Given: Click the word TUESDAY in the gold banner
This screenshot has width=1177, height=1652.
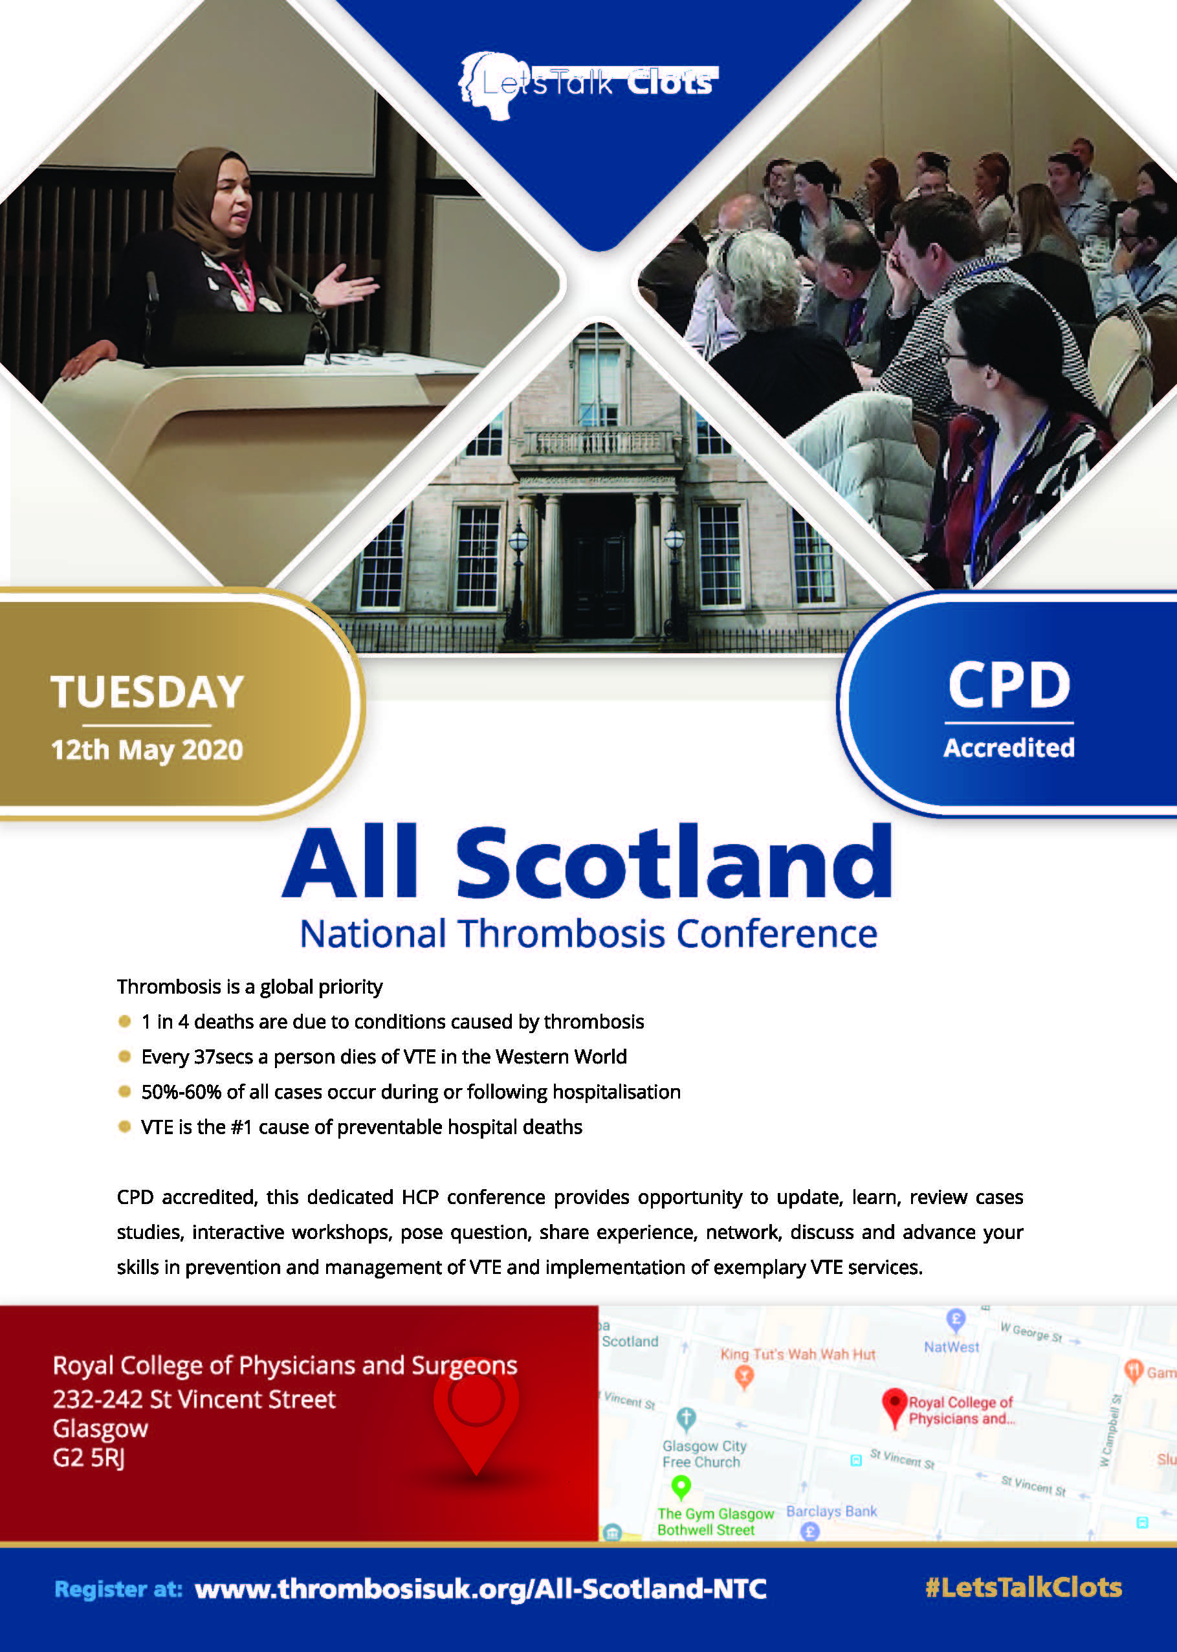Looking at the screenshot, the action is tap(147, 691).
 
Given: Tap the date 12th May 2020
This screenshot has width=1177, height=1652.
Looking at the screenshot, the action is tap(147, 750).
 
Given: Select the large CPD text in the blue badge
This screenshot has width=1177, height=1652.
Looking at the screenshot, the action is tap(1009, 685).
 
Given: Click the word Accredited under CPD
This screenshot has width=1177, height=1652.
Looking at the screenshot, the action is tap(1009, 748).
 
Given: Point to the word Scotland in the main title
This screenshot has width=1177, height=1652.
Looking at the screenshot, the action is tap(674, 863).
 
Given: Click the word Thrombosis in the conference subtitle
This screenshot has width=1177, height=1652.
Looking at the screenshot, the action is tap(561, 933).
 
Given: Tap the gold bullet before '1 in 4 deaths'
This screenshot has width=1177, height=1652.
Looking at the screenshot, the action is tap(125, 1021).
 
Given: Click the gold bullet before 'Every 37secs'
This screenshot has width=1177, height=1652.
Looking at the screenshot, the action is tap(125, 1056).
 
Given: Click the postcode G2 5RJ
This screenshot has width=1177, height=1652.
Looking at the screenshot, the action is tap(89, 1457).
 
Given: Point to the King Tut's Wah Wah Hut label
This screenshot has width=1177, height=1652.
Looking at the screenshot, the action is tap(798, 1354).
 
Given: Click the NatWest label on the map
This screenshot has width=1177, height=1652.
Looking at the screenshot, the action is tap(951, 1347).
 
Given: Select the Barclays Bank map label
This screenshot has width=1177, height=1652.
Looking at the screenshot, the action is tap(831, 1512).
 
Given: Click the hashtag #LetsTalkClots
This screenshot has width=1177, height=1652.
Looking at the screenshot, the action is tap(1024, 1587).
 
